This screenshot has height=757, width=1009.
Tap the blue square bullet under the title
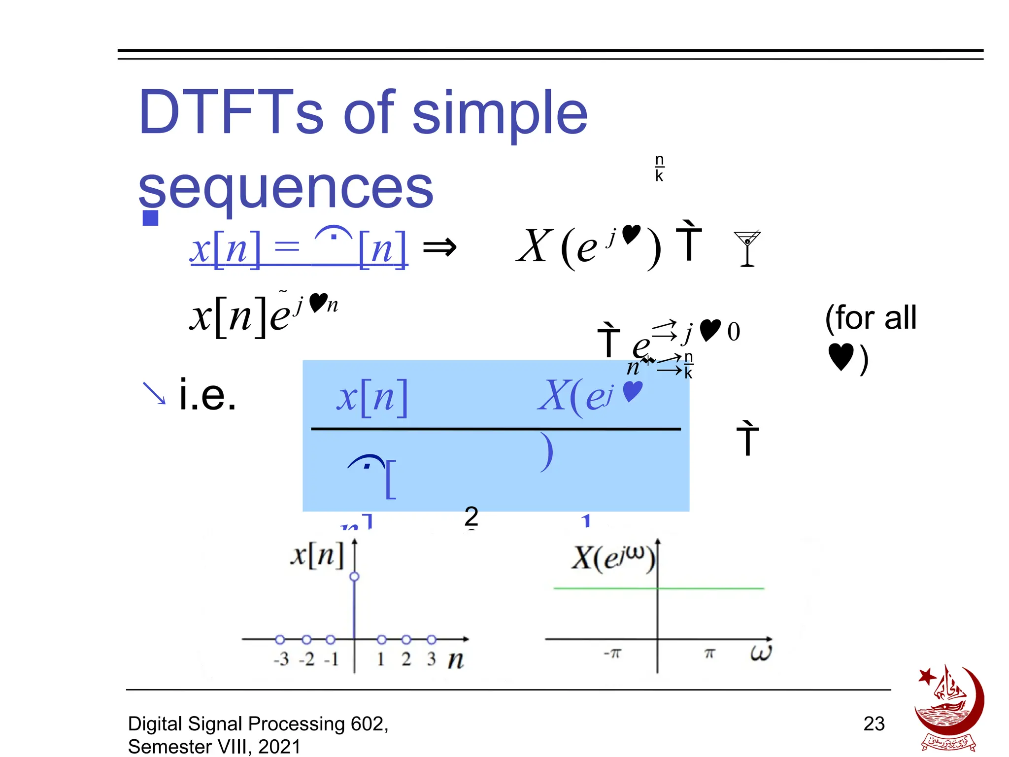click(x=150, y=218)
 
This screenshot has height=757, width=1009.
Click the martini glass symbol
click(x=747, y=248)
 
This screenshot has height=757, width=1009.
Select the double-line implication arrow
click(x=439, y=247)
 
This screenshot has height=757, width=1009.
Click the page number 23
click(x=874, y=723)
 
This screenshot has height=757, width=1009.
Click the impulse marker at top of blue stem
click(x=354, y=577)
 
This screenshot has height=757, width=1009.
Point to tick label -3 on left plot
click(x=281, y=659)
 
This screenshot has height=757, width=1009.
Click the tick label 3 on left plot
click(x=431, y=659)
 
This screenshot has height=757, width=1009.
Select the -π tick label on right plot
click(x=612, y=654)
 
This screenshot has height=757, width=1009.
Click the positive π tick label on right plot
click(x=709, y=654)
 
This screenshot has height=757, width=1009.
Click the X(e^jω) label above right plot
click(x=613, y=558)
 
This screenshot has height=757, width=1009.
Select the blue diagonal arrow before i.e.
click(x=154, y=393)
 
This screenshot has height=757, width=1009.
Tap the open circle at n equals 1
click(x=381, y=640)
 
